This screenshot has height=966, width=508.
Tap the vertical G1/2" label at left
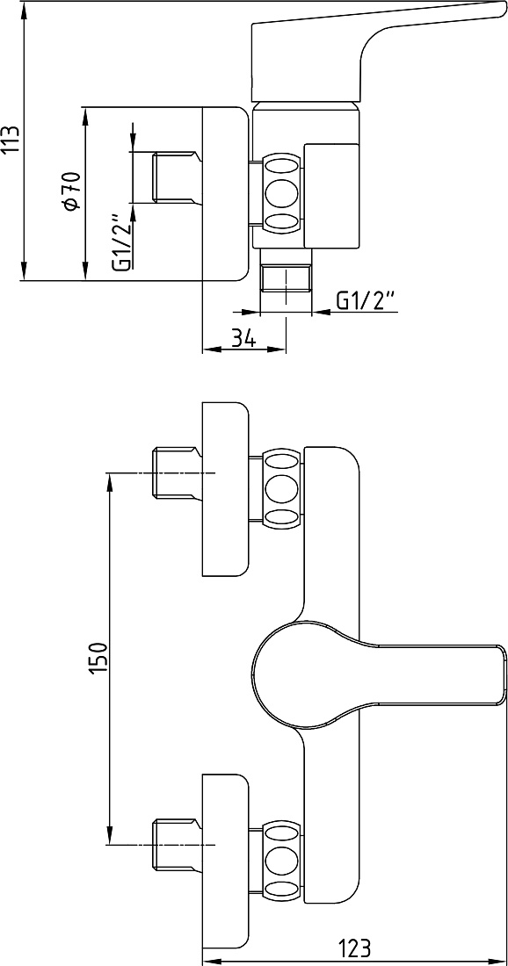pos(122,242)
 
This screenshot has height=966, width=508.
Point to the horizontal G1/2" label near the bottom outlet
pos(366,300)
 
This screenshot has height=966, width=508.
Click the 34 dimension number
pos(244,337)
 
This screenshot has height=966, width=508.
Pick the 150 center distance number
pos(98,658)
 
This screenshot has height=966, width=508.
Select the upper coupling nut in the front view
pos(283,488)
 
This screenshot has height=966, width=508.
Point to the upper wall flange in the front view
pos(226,489)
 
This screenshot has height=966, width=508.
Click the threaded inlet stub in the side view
pos(177,177)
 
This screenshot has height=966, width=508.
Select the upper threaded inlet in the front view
pos(177,473)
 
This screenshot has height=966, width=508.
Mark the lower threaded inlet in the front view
pos(177,845)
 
